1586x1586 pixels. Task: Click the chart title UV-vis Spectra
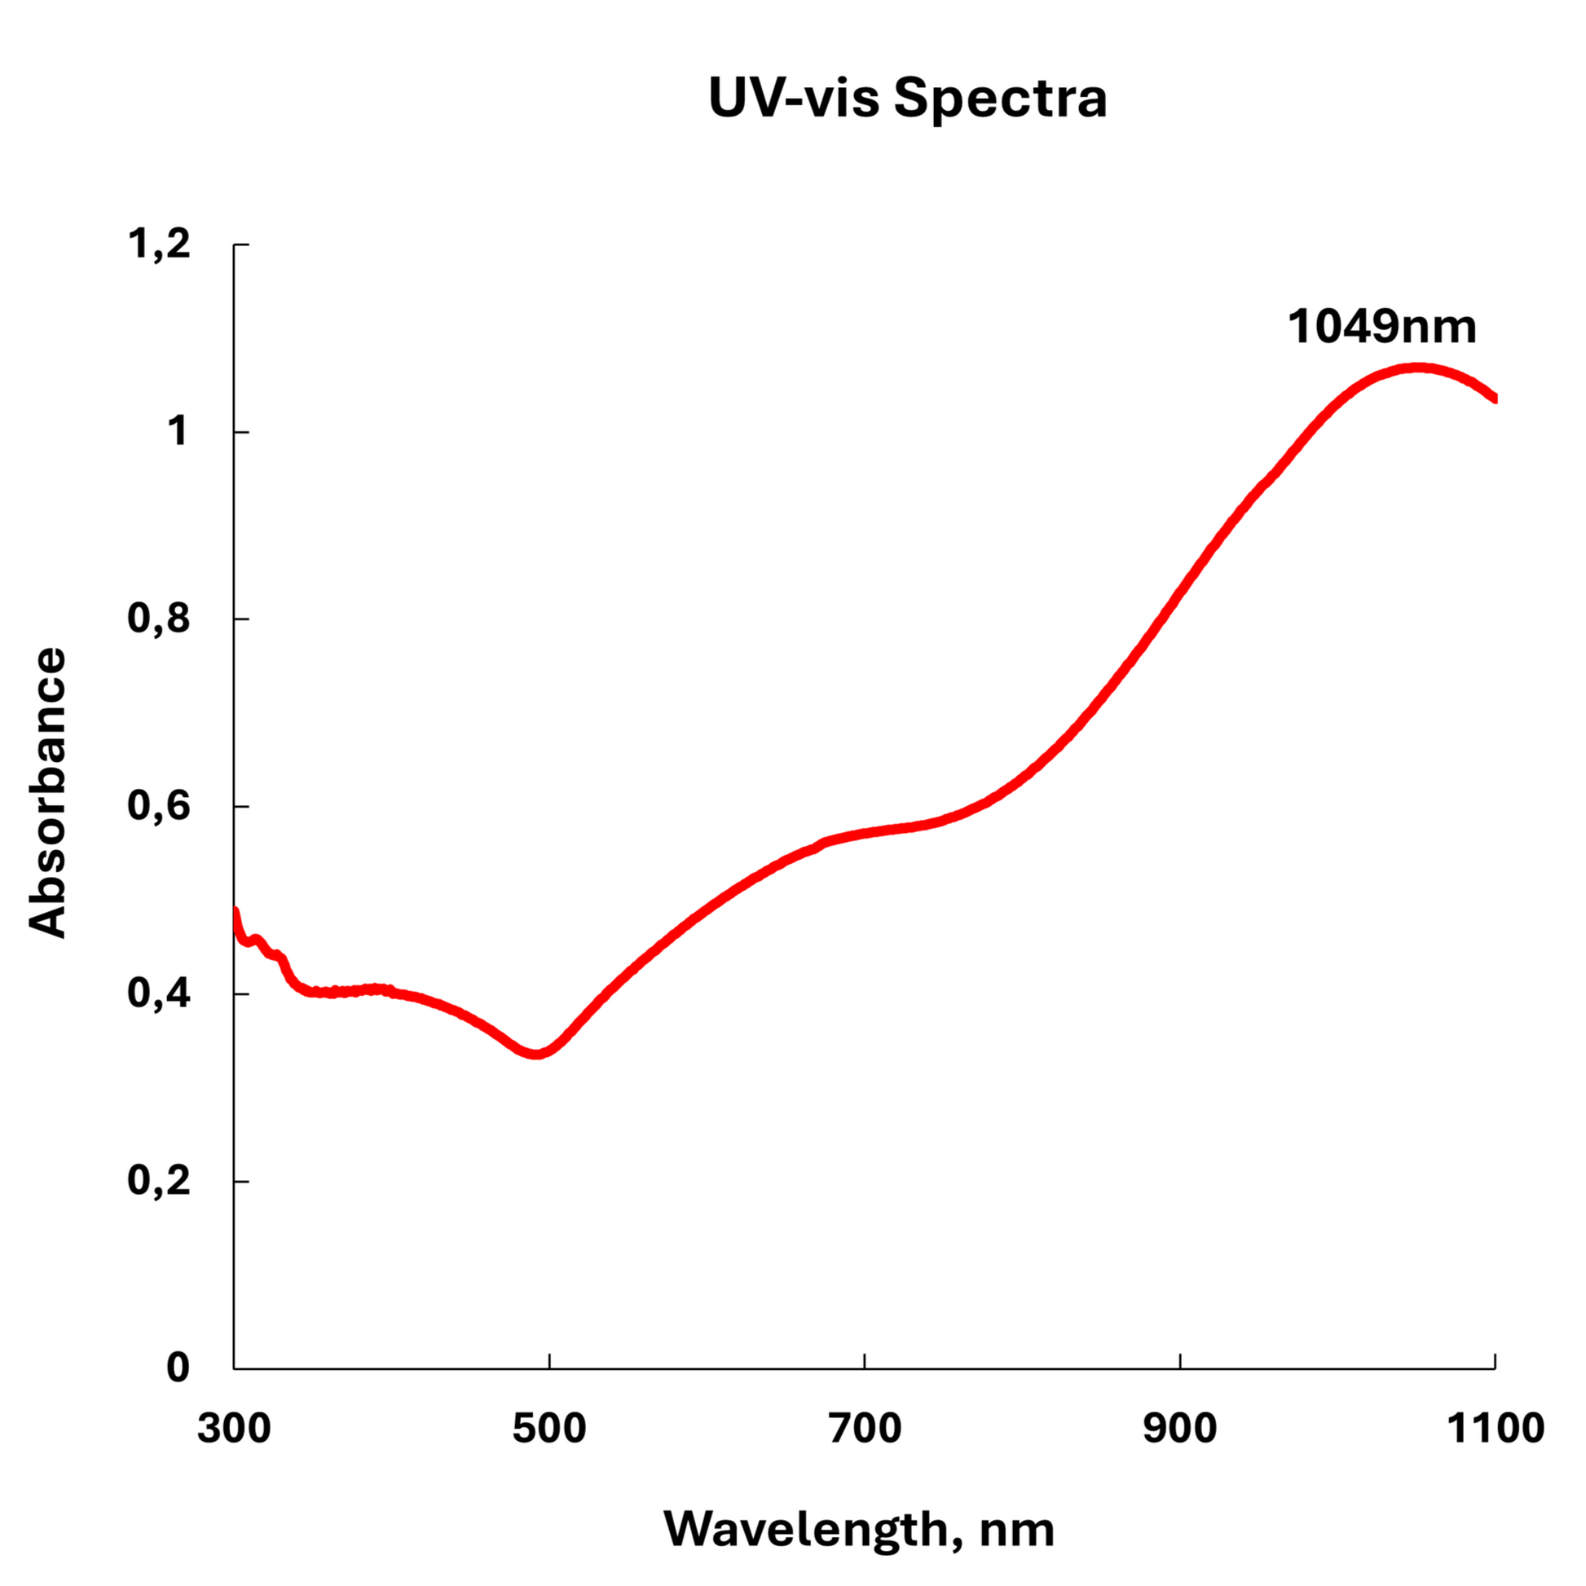[907, 99]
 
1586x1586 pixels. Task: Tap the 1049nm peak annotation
[1381, 327]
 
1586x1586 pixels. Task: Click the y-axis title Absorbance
[47, 792]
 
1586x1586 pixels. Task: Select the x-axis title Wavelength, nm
[859, 1529]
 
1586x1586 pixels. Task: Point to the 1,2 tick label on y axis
[159, 244]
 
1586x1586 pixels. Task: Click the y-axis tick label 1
[178, 431]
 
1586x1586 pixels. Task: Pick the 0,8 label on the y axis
[159, 618]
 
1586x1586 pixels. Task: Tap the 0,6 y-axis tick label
[159, 805]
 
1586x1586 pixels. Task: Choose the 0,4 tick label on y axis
[159, 993]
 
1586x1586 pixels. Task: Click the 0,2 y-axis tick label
[159, 1180]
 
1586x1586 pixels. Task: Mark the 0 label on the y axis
[178, 1368]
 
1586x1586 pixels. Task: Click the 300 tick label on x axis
[234, 1430]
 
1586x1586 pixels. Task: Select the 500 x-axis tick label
[549, 1430]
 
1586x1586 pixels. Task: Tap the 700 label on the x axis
[865, 1430]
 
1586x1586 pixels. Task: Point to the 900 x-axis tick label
[1179, 1430]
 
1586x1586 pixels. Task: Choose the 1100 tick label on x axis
[1495, 1430]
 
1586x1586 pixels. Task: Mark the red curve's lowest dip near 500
[537, 1053]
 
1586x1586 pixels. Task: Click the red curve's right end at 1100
[1494, 399]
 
